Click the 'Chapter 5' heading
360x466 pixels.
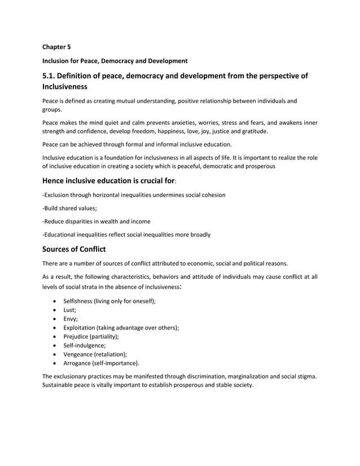pyautogui.click(x=57, y=47)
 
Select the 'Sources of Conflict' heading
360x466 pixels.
pyautogui.click(x=77, y=249)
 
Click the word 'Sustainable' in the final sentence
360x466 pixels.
pyautogui.click(x=60, y=385)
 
